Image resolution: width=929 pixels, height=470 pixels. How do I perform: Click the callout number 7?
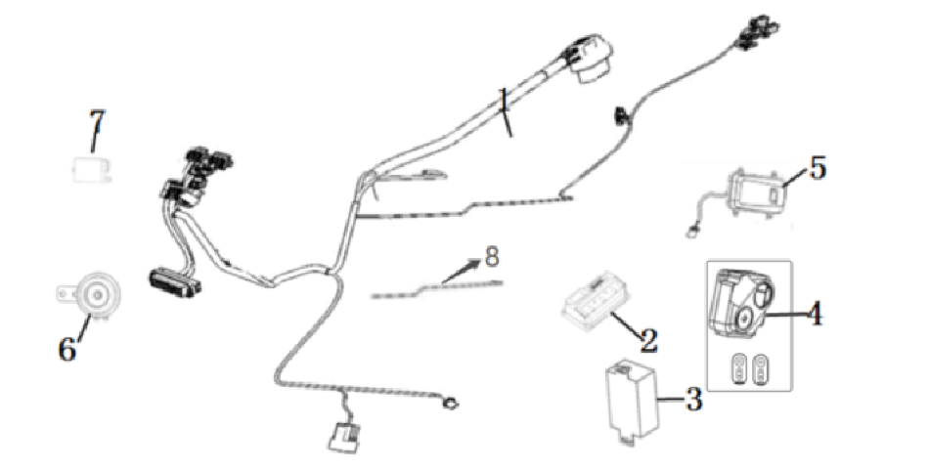pos(98,122)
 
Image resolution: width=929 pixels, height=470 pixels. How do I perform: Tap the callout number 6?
pos(66,349)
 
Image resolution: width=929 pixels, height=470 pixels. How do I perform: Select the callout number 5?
pos(818,168)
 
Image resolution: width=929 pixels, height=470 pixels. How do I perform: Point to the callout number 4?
pos(816,315)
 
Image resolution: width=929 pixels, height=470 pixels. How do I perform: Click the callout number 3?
pos(693,401)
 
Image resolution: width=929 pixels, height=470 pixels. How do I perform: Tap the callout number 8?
pos(492,257)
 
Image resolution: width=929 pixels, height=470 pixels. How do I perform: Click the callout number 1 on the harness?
pos(504,101)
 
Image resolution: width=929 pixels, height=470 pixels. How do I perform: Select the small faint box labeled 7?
pos(91,169)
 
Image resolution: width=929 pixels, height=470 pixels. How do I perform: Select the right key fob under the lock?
pos(759,370)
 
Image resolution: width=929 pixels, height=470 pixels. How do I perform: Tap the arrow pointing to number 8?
pos(462,270)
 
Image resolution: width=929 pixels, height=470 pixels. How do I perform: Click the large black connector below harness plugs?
pos(174,280)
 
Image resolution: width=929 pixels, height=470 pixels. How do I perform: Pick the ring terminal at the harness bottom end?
pos(453,405)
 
